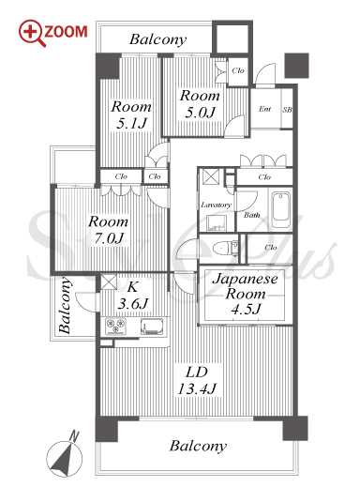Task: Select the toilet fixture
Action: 225,249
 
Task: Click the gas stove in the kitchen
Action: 115,327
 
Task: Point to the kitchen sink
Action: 152,327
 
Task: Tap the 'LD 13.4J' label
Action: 197,381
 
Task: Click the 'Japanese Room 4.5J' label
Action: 246,294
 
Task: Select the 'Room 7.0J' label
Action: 108,230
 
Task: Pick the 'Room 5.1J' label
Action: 131,114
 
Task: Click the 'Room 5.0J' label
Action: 200,104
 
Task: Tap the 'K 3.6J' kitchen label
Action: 132,295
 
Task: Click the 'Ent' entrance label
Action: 264,109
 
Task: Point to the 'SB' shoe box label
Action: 287,110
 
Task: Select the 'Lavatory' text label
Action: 216,205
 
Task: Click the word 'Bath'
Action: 252,215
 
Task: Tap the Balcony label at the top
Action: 158,39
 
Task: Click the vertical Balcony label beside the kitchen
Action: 66,306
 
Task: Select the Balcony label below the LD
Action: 198,446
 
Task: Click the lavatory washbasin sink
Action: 217,222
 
